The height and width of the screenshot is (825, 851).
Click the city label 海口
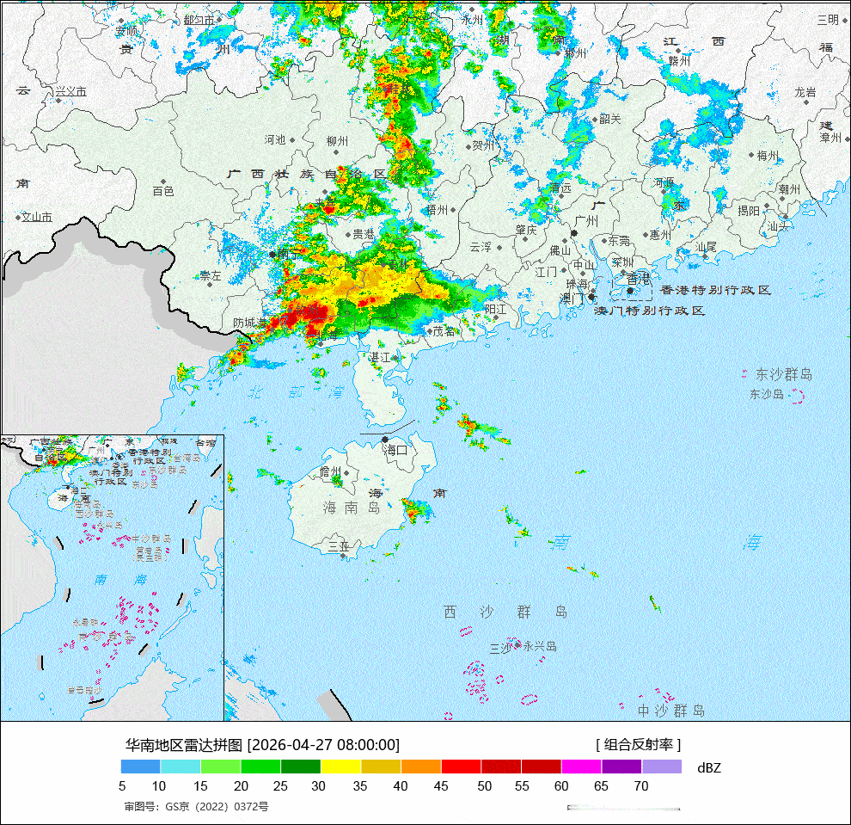coord(395,450)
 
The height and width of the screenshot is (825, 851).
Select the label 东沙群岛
coord(783,375)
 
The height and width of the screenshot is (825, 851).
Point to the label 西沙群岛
coord(505,612)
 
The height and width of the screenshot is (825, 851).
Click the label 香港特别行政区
coord(716,291)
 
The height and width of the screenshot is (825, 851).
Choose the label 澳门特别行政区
coord(651,311)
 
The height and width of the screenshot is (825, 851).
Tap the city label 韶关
coord(610,120)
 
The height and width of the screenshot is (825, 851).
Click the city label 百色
coord(163,191)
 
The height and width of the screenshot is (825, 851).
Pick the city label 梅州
coord(767,156)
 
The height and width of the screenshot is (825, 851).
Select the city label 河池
coord(275,139)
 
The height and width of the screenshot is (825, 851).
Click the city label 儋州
coord(331,471)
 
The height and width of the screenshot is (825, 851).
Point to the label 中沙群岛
coord(670,711)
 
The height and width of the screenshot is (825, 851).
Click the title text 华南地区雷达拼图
coord(185,745)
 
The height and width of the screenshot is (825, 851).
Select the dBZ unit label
coord(709,767)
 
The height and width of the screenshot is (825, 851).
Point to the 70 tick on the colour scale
coord(640,785)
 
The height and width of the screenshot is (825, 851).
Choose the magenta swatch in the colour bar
coord(581,767)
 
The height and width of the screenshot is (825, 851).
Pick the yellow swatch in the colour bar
coord(340,767)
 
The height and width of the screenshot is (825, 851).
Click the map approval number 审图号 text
coord(196,807)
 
